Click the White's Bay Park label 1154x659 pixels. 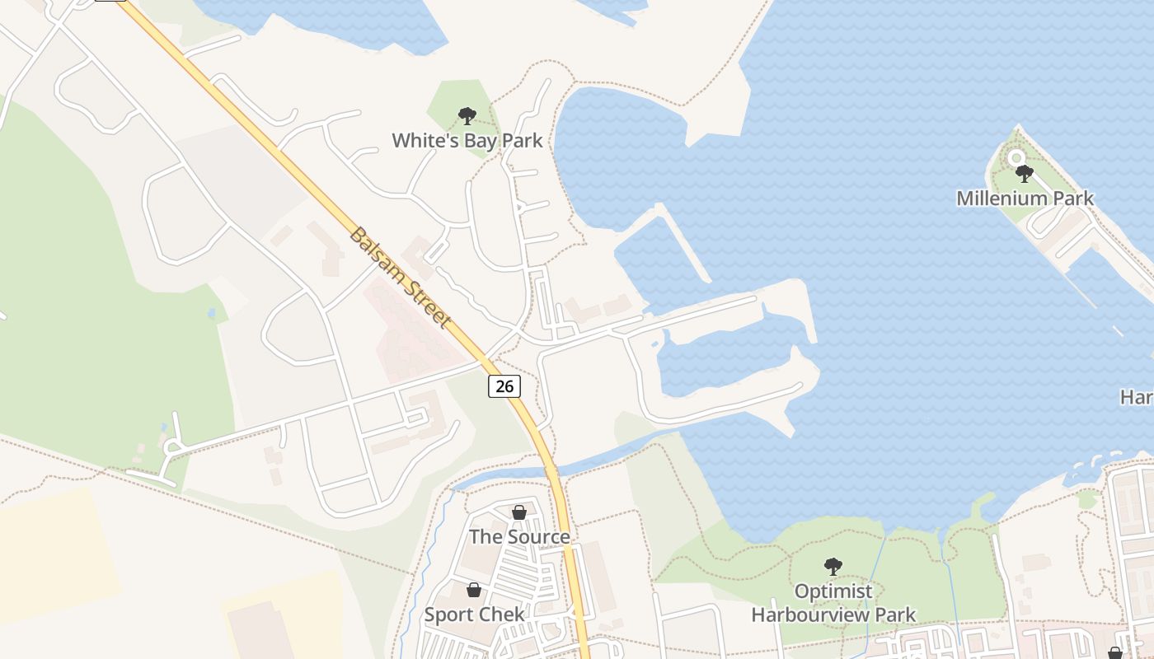[x=467, y=141]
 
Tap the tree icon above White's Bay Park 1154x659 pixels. [x=467, y=116]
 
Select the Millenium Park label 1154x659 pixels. [x=1025, y=199]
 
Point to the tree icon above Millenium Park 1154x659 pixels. [x=1025, y=174]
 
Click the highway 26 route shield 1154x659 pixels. [x=504, y=386]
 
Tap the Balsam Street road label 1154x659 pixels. [x=401, y=277]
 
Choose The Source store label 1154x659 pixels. [x=519, y=537]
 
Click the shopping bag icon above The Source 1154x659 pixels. [x=519, y=512]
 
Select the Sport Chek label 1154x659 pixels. [x=474, y=615]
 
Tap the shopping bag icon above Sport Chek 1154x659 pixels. [x=474, y=590]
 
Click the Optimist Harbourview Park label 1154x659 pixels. [x=833, y=603]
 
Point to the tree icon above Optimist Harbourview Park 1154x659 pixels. [x=833, y=567]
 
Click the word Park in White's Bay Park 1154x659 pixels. [x=523, y=141]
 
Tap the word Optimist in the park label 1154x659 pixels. [x=833, y=591]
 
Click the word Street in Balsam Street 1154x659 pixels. [x=425, y=301]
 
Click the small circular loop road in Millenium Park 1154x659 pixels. [x=1016, y=157]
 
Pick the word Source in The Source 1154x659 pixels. [x=537, y=537]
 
